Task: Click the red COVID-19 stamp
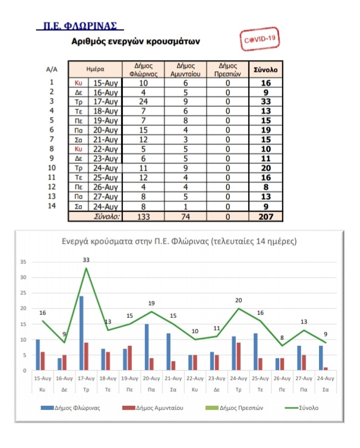coord(260,39)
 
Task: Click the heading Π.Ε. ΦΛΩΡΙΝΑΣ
coord(80,26)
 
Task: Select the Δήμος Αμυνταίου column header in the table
coord(185,70)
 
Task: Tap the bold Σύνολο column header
coord(266,70)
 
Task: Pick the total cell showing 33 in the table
coord(266,102)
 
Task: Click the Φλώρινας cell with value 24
coord(143,102)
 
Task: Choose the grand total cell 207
coord(266,217)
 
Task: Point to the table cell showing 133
coord(143,217)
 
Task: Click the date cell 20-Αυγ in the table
coord(105,130)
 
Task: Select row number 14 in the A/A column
coord(52,206)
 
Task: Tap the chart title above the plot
coord(179,241)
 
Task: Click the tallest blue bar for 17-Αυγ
coord(81,333)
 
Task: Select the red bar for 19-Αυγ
coord(130,358)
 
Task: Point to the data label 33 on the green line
coord(86,260)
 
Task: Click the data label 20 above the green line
coord(239,300)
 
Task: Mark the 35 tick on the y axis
coord(23,262)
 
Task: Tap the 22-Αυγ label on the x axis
coord(195,378)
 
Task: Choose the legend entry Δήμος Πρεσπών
coord(234,408)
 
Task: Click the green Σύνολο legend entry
coord(302,408)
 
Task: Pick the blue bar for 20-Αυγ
coord(147,348)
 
